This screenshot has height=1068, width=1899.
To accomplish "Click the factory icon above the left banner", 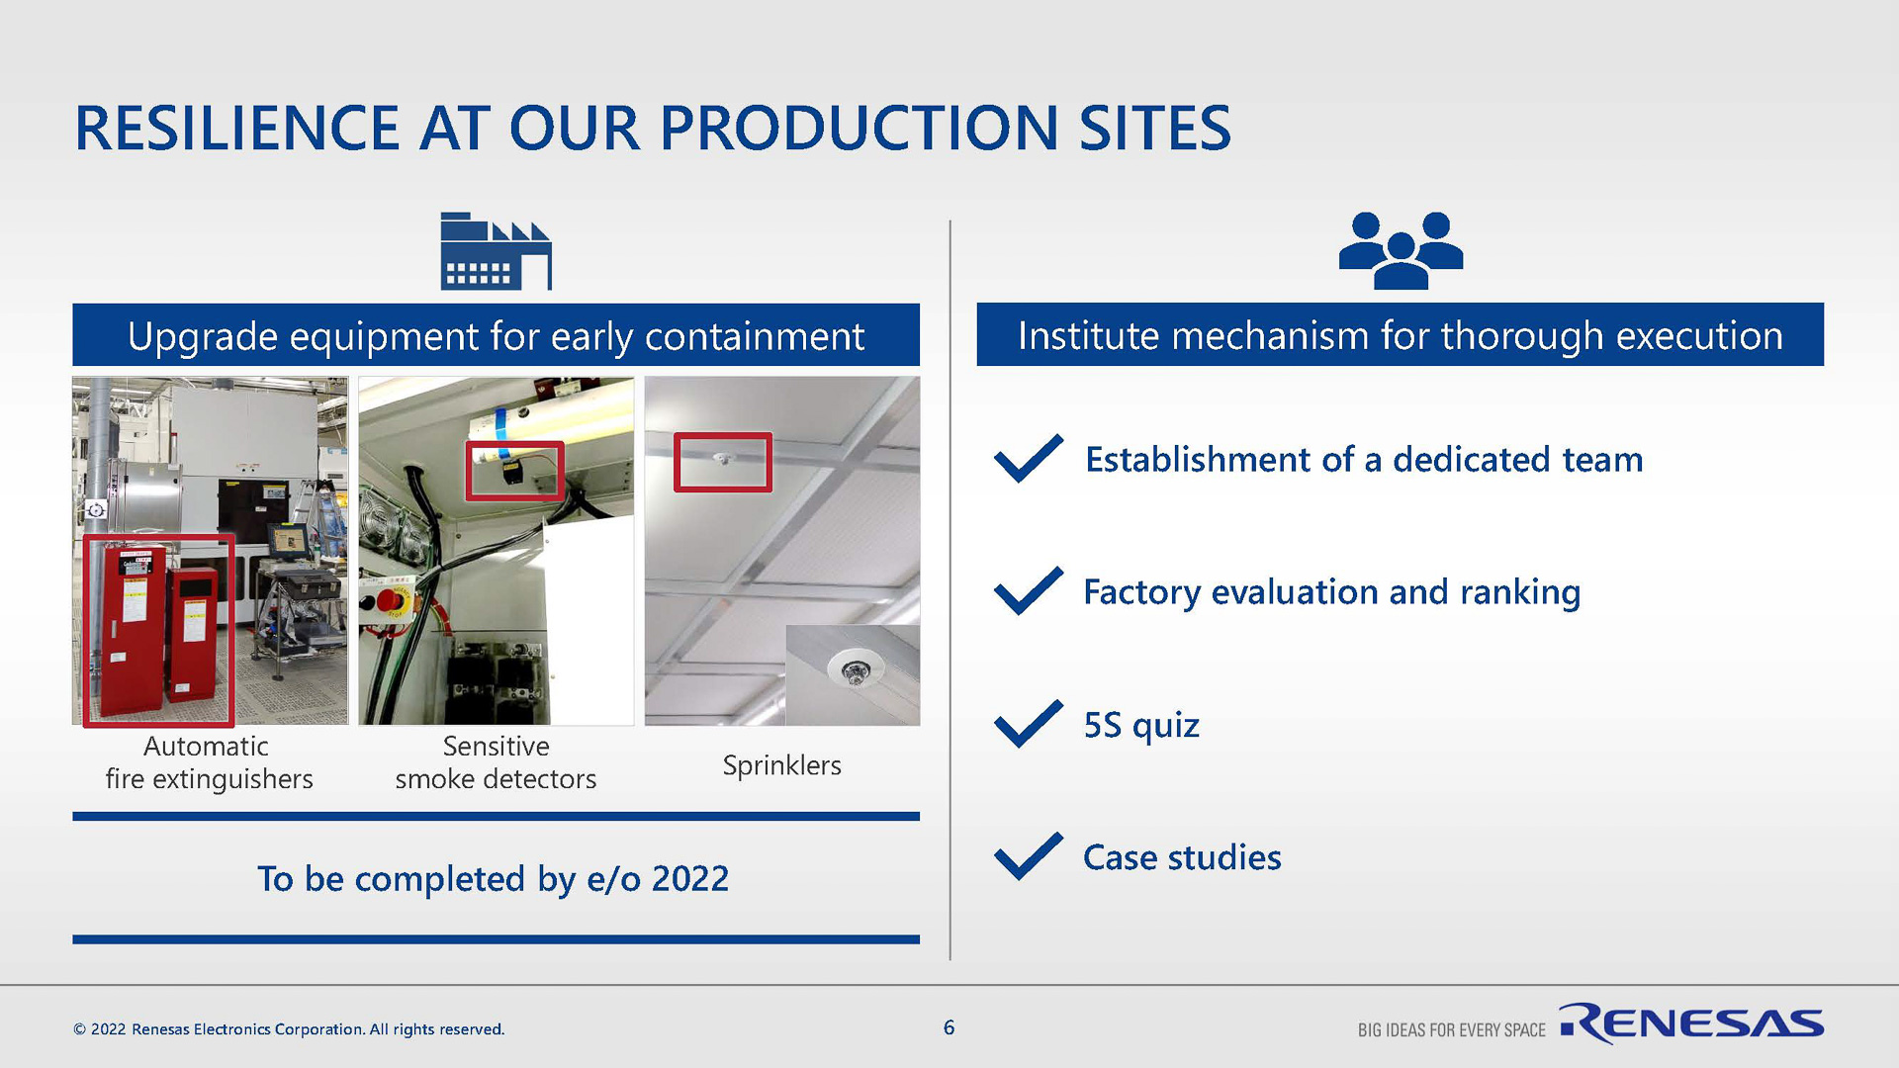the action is pos(496,251).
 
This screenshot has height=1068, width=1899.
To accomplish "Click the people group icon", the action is pos(1401,250).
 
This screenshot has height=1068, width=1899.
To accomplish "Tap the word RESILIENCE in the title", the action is pos(237,129).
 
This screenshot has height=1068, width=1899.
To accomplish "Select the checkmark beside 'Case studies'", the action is pos(1029,856).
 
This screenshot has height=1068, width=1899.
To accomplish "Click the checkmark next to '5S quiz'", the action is pos(1029,723).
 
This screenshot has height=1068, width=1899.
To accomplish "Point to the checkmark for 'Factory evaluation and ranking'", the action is pos(1029,590).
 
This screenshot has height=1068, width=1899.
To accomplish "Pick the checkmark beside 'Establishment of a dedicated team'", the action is pos(1029,458).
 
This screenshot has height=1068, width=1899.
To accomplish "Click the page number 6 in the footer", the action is pos(949,1027).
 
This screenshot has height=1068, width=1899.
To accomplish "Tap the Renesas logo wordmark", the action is pos(1692,1023).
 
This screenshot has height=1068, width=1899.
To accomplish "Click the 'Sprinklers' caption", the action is pos(781,765).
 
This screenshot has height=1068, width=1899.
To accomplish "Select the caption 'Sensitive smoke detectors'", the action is pos(496,762).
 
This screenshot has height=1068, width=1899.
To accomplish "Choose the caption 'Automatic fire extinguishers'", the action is pos(209,762).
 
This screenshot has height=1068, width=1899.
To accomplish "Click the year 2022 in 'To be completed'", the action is pos(689,878).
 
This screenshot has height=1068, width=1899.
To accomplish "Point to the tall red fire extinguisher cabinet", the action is pos(128,631).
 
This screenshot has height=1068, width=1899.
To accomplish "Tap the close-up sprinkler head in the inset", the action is pos(852,672).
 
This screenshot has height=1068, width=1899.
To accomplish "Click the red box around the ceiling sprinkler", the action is pos(722,434).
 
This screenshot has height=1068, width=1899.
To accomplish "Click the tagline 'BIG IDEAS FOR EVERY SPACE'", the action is pos(1451,1030).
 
